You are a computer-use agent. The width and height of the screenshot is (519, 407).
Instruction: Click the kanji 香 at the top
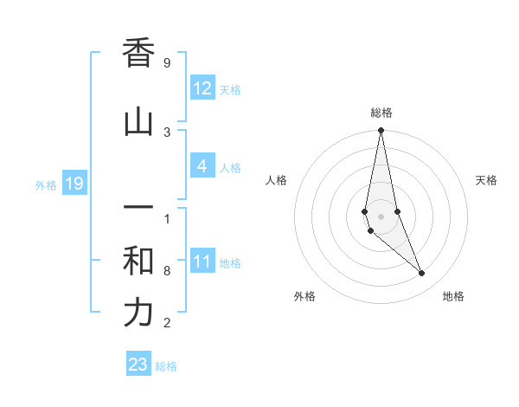click(x=138, y=54)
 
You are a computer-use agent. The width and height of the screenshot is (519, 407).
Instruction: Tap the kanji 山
click(x=138, y=122)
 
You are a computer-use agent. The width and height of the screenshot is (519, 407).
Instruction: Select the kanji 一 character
click(x=138, y=209)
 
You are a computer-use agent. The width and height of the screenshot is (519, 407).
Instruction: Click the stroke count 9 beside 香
click(x=167, y=63)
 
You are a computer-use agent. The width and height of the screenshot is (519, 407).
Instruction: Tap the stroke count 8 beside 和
click(x=167, y=271)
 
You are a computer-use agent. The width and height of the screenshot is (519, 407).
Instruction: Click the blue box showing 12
click(x=202, y=88)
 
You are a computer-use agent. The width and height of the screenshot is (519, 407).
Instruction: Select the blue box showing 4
click(x=202, y=166)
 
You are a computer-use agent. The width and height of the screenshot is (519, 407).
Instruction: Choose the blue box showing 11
click(x=202, y=262)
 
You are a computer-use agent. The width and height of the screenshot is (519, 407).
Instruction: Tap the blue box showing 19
click(x=74, y=184)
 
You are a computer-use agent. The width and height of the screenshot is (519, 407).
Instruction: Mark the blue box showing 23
click(x=138, y=365)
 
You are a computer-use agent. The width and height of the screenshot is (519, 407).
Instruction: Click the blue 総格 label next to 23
click(x=166, y=366)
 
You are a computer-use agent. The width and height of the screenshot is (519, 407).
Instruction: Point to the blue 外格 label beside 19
click(x=46, y=185)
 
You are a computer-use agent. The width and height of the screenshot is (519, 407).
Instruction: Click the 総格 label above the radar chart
click(x=381, y=113)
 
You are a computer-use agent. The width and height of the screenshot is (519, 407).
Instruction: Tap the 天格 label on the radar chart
click(x=486, y=180)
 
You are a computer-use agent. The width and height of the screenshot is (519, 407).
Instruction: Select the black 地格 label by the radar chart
click(x=453, y=296)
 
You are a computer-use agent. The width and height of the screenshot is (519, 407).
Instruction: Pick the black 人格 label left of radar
click(x=276, y=180)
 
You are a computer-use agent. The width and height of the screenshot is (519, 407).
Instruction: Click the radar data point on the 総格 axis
click(x=381, y=131)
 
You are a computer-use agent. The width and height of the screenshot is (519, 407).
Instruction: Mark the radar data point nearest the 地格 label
click(x=422, y=274)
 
